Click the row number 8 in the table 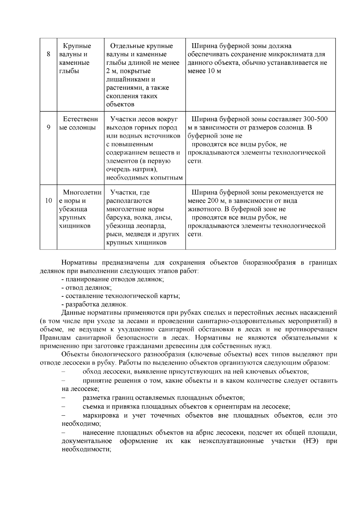(x=48, y=55)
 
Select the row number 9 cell (x=48, y=127)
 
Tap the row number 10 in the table (x=48, y=201)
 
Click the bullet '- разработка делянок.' (x=94, y=304)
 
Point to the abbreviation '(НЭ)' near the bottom (x=310, y=441)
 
